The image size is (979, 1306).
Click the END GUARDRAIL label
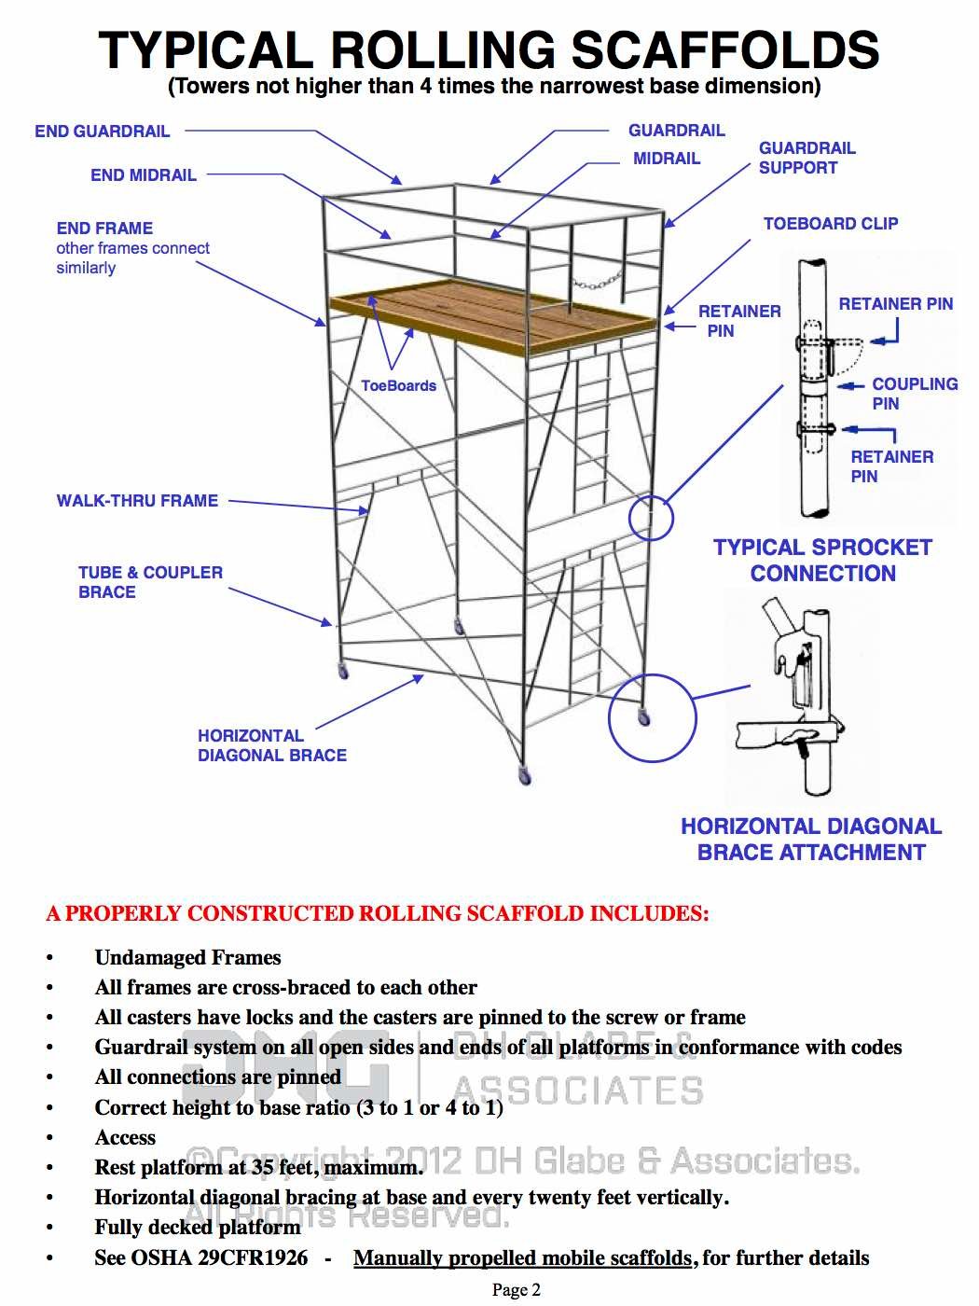[103, 132]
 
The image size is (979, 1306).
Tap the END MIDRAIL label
[144, 175]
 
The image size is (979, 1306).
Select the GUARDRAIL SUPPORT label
[807, 158]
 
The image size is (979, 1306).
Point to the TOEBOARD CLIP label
[831, 224]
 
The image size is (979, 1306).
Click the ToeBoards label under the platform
[398, 385]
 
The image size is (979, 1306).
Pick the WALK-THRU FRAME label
[137, 501]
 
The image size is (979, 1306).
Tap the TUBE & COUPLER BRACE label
[150, 582]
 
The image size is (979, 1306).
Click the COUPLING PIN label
[914, 394]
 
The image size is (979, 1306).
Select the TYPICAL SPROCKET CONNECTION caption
[822, 561]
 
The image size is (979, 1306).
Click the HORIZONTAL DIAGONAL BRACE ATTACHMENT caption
[811, 840]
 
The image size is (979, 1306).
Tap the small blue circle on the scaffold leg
[651, 517]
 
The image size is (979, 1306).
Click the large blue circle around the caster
[653, 719]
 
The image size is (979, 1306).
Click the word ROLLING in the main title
[442, 50]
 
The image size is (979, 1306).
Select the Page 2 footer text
[516, 1290]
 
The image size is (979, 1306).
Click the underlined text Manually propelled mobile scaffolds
[522, 1258]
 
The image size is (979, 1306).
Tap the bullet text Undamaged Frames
[187, 958]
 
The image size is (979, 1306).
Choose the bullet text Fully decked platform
[197, 1228]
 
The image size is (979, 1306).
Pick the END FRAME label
[104, 229]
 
